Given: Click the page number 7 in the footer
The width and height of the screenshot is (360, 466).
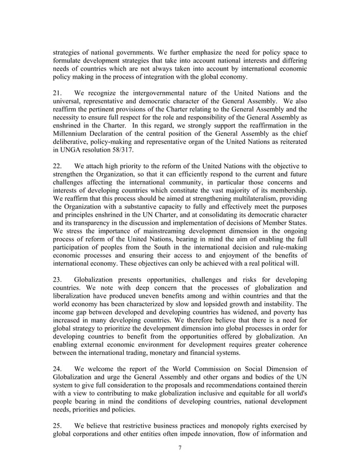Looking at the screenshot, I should pyautogui.click(x=179, y=450).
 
